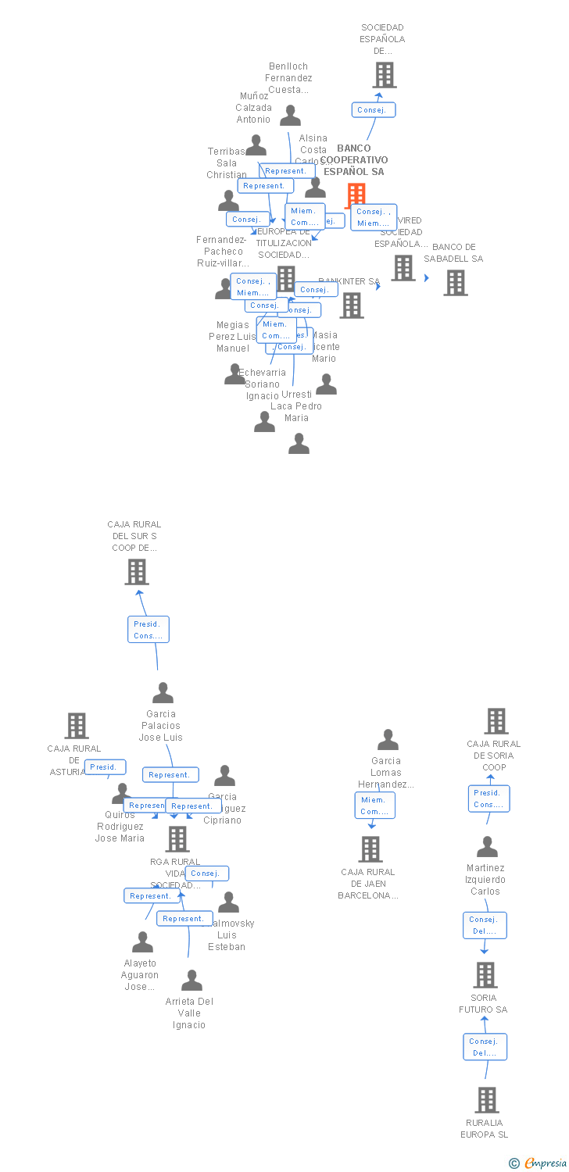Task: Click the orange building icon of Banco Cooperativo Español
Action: pyautogui.click(x=356, y=195)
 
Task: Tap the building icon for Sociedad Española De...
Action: pyautogui.click(x=384, y=75)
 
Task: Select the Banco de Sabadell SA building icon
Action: pyautogui.click(x=456, y=282)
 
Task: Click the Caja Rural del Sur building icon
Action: pyautogui.click(x=137, y=572)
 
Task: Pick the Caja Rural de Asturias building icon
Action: pyautogui.click(x=76, y=726)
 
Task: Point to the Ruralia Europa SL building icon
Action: pyautogui.click(x=486, y=1099)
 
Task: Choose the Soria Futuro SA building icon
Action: pyautogui.click(x=485, y=974)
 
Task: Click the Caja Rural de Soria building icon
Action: pyautogui.click(x=496, y=721)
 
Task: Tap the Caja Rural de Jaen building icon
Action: pyautogui.click(x=370, y=849)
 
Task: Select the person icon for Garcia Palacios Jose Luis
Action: pyautogui.click(x=163, y=693)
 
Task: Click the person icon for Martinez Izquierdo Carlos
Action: pyautogui.click(x=487, y=847)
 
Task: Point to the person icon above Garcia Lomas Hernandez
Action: pyautogui.click(x=388, y=740)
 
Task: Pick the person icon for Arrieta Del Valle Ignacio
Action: pyautogui.click(x=191, y=981)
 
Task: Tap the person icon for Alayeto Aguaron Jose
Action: pyautogui.click(x=142, y=942)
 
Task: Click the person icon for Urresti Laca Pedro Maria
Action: pyautogui.click(x=299, y=444)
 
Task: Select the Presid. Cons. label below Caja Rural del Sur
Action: pyautogui.click(x=149, y=630)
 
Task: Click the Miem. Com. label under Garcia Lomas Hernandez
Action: pyautogui.click(x=374, y=806)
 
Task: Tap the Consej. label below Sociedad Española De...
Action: pyautogui.click(x=373, y=110)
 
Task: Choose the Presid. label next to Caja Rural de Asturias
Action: pyautogui.click(x=105, y=767)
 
